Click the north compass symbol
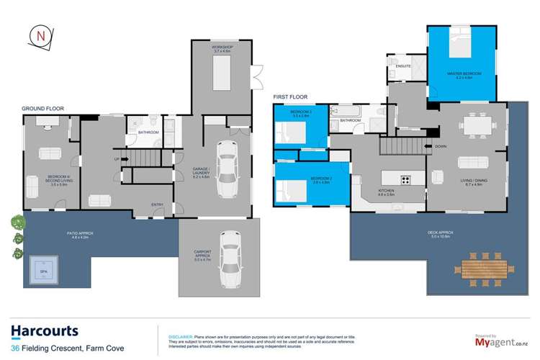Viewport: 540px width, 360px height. (x=39, y=37)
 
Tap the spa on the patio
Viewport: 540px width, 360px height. (x=44, y=271)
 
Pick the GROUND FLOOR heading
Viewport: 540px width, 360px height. (x=42, y=109)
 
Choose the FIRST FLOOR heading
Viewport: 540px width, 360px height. (x=290, y=96)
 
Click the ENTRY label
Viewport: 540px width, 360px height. (x=157, y=204)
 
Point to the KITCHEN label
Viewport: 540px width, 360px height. (x=387, y=192)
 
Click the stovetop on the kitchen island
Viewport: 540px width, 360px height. (x=406, y=180)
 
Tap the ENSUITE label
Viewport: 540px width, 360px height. (x=403, y=66)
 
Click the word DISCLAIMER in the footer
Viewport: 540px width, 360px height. (x=180, y=336)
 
